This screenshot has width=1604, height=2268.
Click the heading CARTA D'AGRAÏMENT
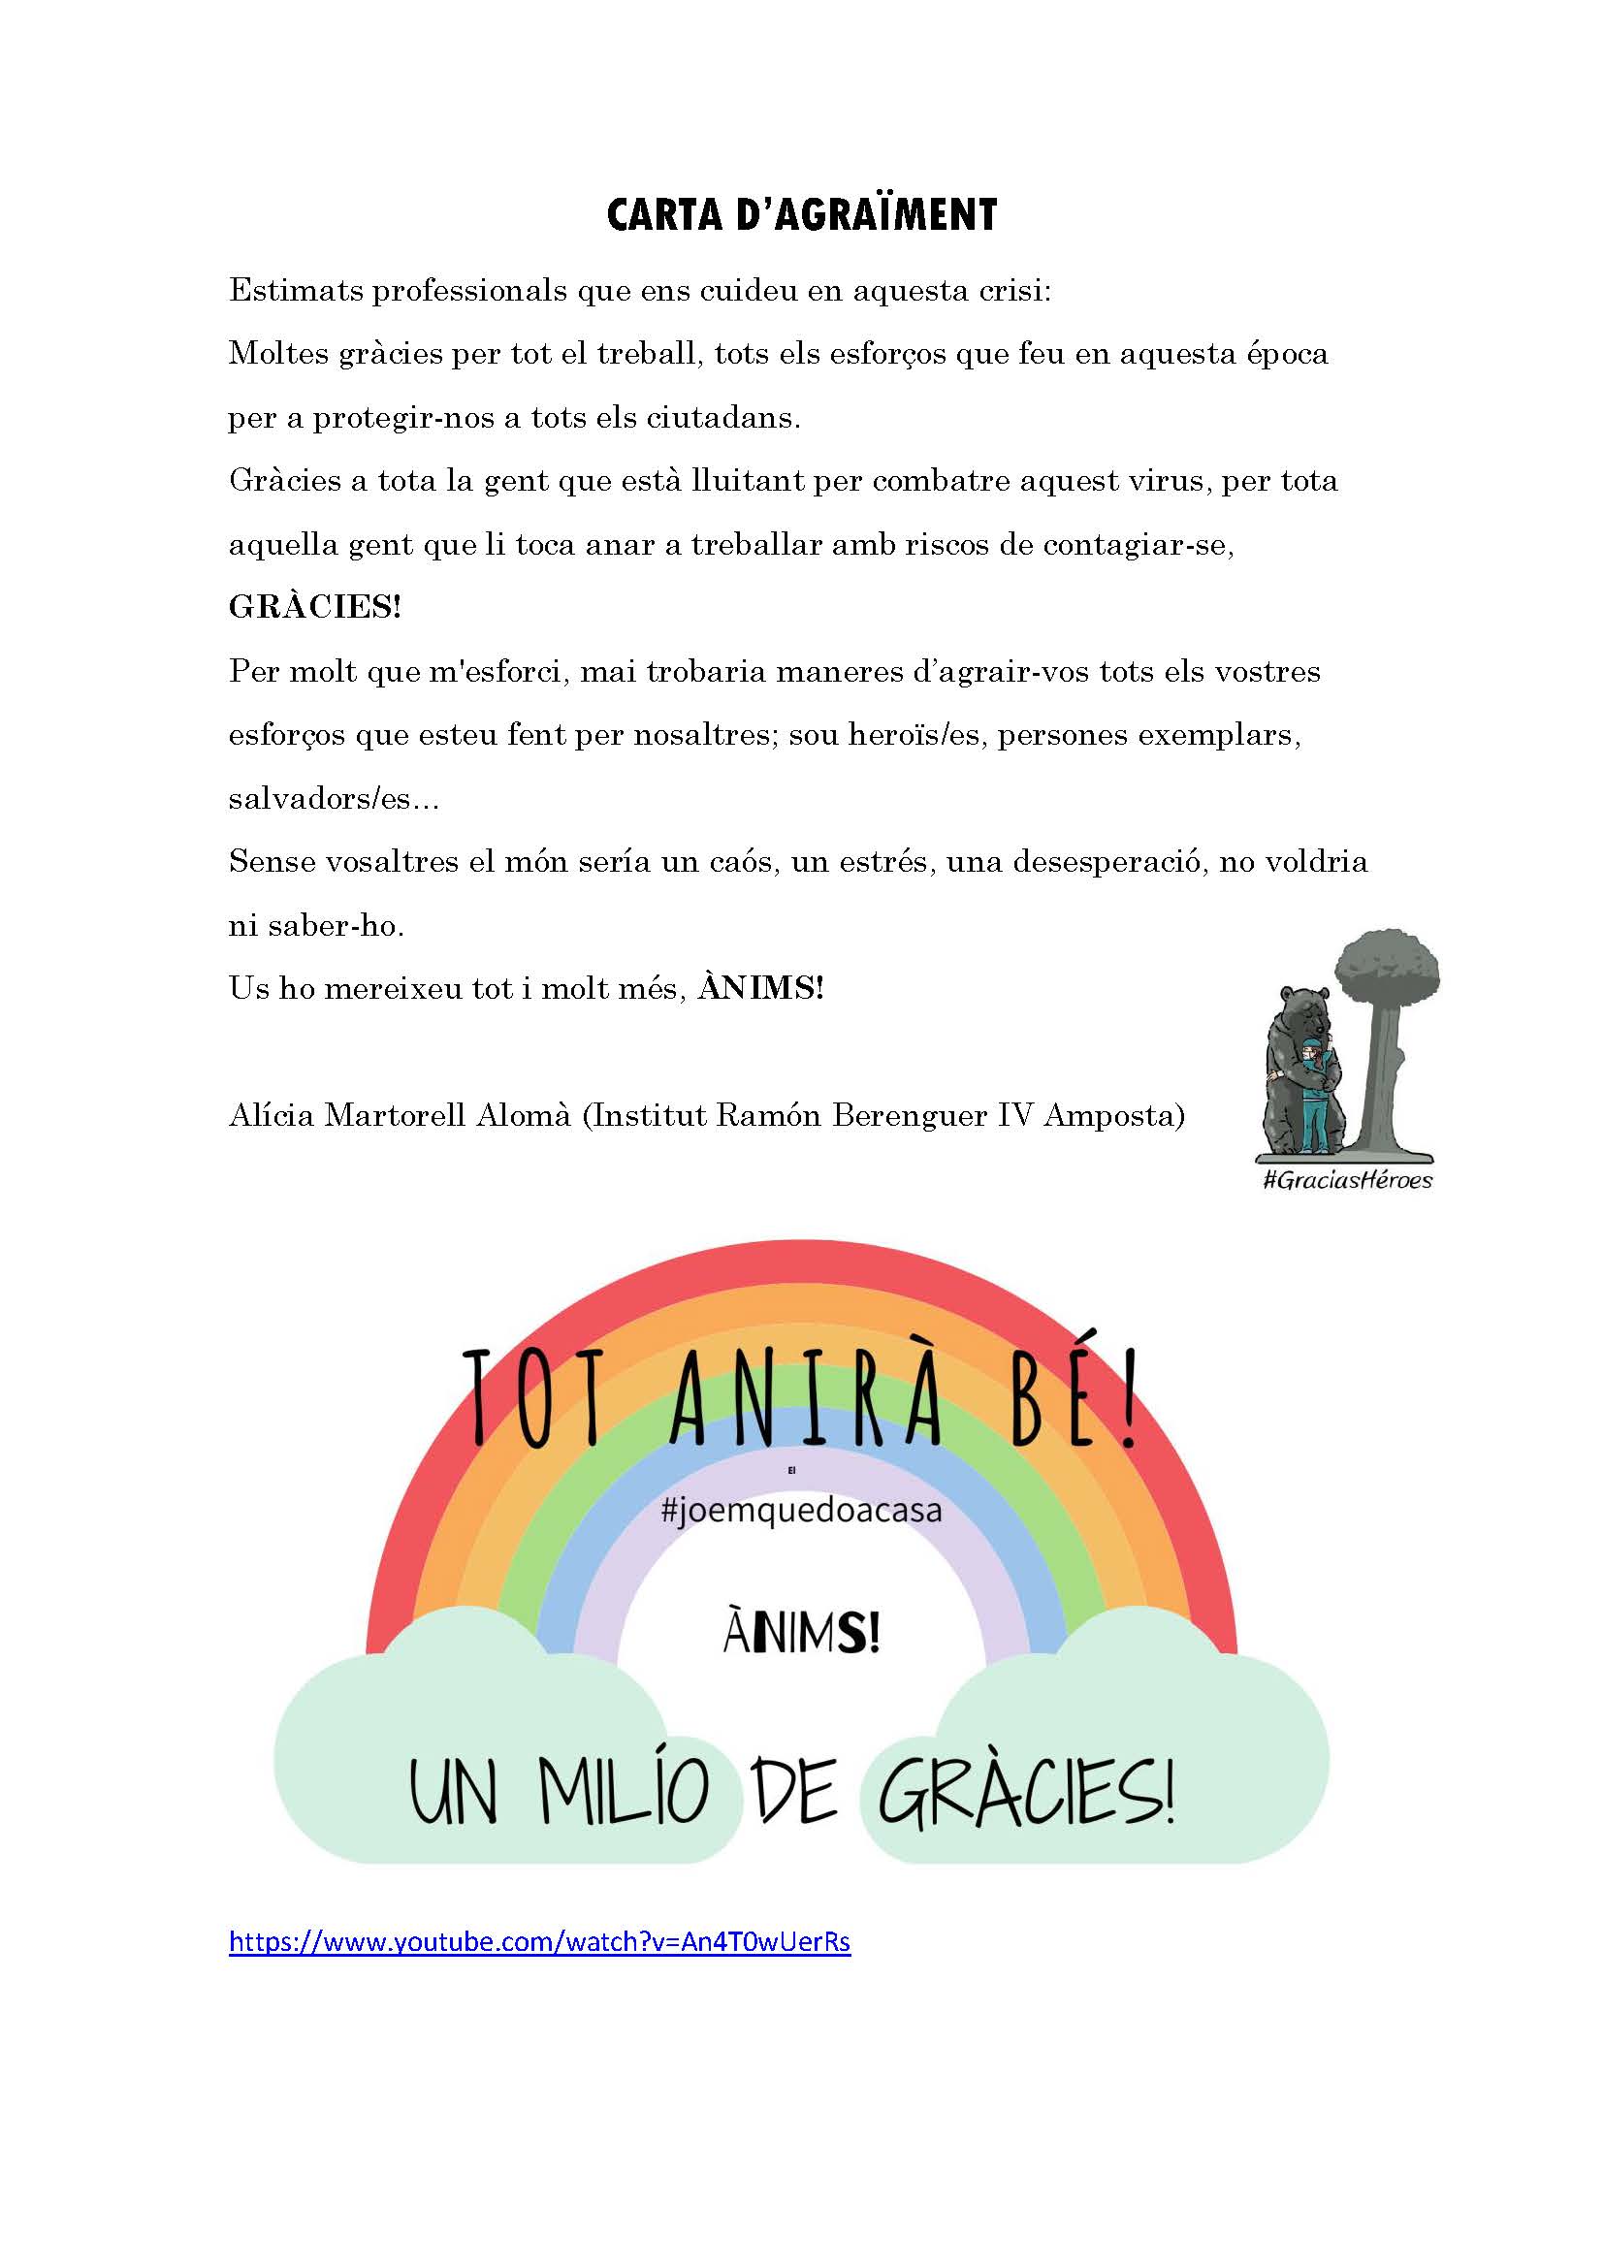[x=801, y=214]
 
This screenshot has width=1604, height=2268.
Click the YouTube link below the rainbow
[x=539, y=1941]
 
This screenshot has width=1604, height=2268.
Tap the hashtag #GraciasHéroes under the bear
[x=1347, y=1179]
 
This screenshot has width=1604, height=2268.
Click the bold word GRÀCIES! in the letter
[x=315, y=606]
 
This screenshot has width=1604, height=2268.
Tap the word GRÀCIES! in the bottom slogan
[x=1027, y=1791]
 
